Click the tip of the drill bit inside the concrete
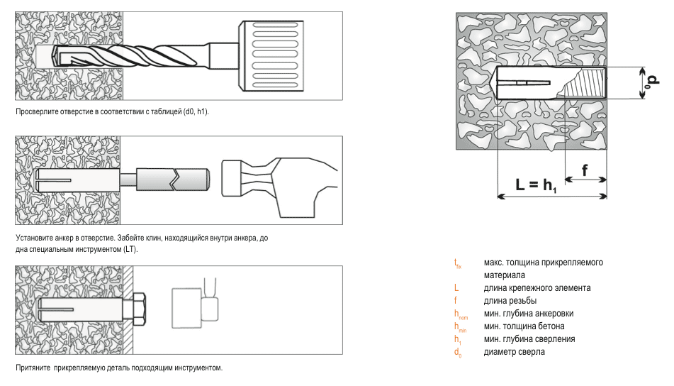point(52,55)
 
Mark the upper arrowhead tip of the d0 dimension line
point(643,67)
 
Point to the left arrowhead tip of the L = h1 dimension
point(498,197)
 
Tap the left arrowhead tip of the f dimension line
point(565,180)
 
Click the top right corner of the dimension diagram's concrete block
point(607,13)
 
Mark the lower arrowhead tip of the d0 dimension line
point(643,99)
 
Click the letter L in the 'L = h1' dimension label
point(520,184)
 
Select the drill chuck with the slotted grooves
point(271,55)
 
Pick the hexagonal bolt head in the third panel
point(140,309)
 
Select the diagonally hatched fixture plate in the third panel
point(128,310)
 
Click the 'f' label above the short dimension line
point(585,170)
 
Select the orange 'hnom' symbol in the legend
point(461,314)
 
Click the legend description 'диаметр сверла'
point(514,351)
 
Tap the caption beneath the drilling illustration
point(112,111)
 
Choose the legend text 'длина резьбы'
point(510,300)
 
